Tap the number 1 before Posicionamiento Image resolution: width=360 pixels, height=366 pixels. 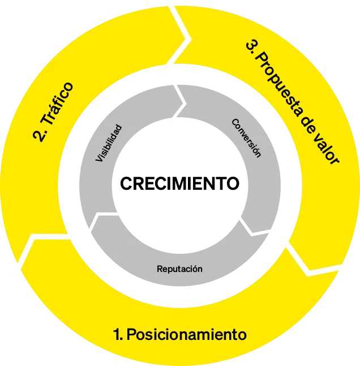[x=117, y=334]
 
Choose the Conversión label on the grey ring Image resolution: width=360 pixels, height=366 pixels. [x=247, y=138]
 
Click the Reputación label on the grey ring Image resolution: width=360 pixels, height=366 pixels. [x=179, y=269]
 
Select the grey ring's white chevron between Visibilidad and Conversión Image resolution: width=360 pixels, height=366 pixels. [x=180, y=103]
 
